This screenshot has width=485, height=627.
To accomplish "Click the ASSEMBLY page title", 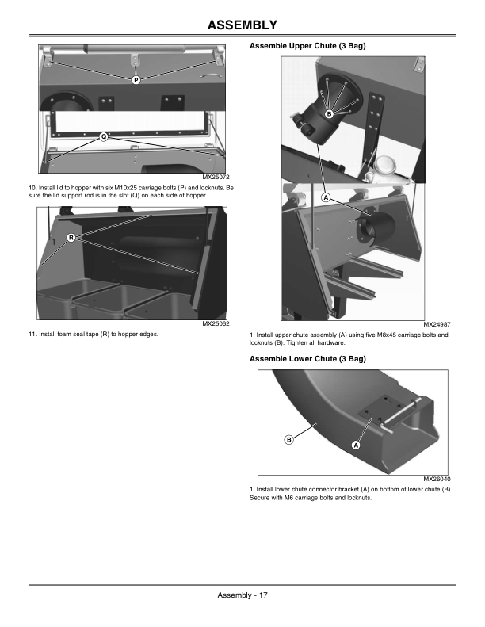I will (242, 25).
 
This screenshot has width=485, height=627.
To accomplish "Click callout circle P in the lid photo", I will (136, 80).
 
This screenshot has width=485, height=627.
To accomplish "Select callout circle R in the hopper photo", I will (71, 238).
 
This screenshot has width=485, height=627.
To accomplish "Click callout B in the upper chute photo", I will (328, 115).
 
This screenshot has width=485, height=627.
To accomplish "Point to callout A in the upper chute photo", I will (325, 197).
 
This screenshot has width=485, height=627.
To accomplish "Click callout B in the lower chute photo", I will (289, 439).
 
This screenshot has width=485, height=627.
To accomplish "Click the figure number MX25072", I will (216, 177).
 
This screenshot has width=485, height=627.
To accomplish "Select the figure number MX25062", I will (216, 324).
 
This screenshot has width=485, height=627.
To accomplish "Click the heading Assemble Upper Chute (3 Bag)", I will (307, 47).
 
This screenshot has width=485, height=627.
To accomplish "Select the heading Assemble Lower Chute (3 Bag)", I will (307, 359).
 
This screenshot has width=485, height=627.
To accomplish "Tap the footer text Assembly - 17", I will (242, 596).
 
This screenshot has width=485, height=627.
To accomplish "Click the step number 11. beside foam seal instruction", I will (32, 335).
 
